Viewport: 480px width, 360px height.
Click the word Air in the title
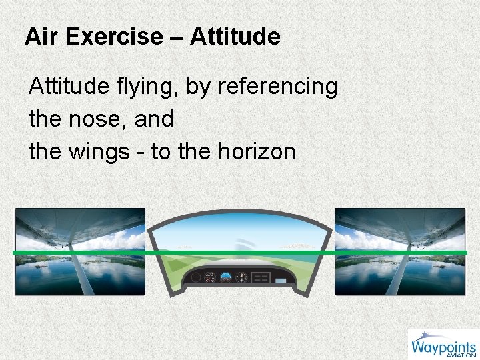(x=39, y=36)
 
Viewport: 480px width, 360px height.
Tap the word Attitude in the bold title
(x=235, y=36)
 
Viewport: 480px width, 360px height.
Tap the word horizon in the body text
(x=256, y=152)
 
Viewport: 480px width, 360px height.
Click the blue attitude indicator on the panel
(x=227, y=277)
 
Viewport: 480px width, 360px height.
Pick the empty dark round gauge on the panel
(x=195, y=277)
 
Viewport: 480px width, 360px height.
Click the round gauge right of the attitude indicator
(x=241, y=277)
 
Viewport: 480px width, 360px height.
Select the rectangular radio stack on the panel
(x=261, y=277)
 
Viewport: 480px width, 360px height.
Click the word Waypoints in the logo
(x=443, y=347)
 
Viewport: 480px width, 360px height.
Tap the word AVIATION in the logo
(x=461, y=355)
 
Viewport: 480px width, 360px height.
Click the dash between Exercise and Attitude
(x=177, y=37)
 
